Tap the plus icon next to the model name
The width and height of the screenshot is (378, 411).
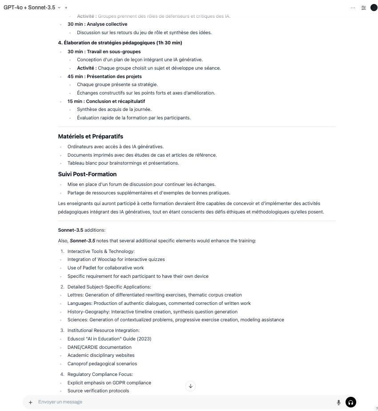pyautogui.click(x=66, y=8)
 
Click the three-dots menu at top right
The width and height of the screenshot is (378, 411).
pyautogui.click(x=353, y=8)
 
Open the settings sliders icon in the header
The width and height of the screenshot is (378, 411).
pyautogui.click(x=363, y=8)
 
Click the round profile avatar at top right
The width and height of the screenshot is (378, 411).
pyautogui.click(x=374, y=8)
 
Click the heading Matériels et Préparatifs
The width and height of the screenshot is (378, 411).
pyautogui.click(x=91, y=136)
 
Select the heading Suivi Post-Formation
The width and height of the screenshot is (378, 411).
pyautogui.click(x=87, y=174)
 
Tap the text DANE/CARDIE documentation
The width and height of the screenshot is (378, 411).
pyautogui.click(x=100, y=347)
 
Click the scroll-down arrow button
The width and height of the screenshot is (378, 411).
pyautogui.click(x=190, y=386)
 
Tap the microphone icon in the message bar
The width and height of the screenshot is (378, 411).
pyautogui.click(x=338, y=403)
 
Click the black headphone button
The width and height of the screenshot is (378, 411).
pyautogui.click(x=351, y=403)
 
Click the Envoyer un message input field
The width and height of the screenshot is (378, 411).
pyautogui.click(x=178, y=402)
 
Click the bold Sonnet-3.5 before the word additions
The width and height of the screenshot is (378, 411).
pyautogui.click(x=71, y=230)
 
